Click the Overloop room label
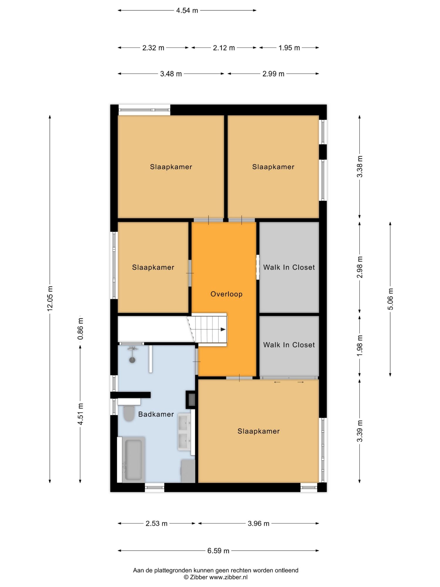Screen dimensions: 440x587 click(226, 294)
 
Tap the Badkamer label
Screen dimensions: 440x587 click(156, 414)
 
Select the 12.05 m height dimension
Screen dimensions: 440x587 click(50, 298)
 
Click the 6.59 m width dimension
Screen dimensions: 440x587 click(218, 551)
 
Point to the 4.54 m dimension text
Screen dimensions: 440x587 click(187, 11)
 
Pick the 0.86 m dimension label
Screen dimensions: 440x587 click(80, 329)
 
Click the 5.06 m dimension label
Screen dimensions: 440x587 click(390, 299)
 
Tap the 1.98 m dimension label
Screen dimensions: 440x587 click(360, 346)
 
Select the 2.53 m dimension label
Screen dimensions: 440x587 click(156, 523)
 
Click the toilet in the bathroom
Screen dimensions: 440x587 click(129, 413)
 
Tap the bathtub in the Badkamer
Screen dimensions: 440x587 click(134, 460)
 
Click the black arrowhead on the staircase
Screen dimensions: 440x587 click(223, 329)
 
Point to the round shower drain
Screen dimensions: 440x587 click(132, 360)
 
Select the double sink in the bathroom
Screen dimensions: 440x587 click(185, 432)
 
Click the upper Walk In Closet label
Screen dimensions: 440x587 click(289, 267)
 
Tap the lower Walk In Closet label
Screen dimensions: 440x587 click(289, 345)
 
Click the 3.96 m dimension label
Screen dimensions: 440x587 click(258, 523)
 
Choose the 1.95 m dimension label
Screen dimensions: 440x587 click(289, 48)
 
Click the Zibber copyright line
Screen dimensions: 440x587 click(216, 577)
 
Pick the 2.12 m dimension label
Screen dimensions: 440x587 click(224, 48)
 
